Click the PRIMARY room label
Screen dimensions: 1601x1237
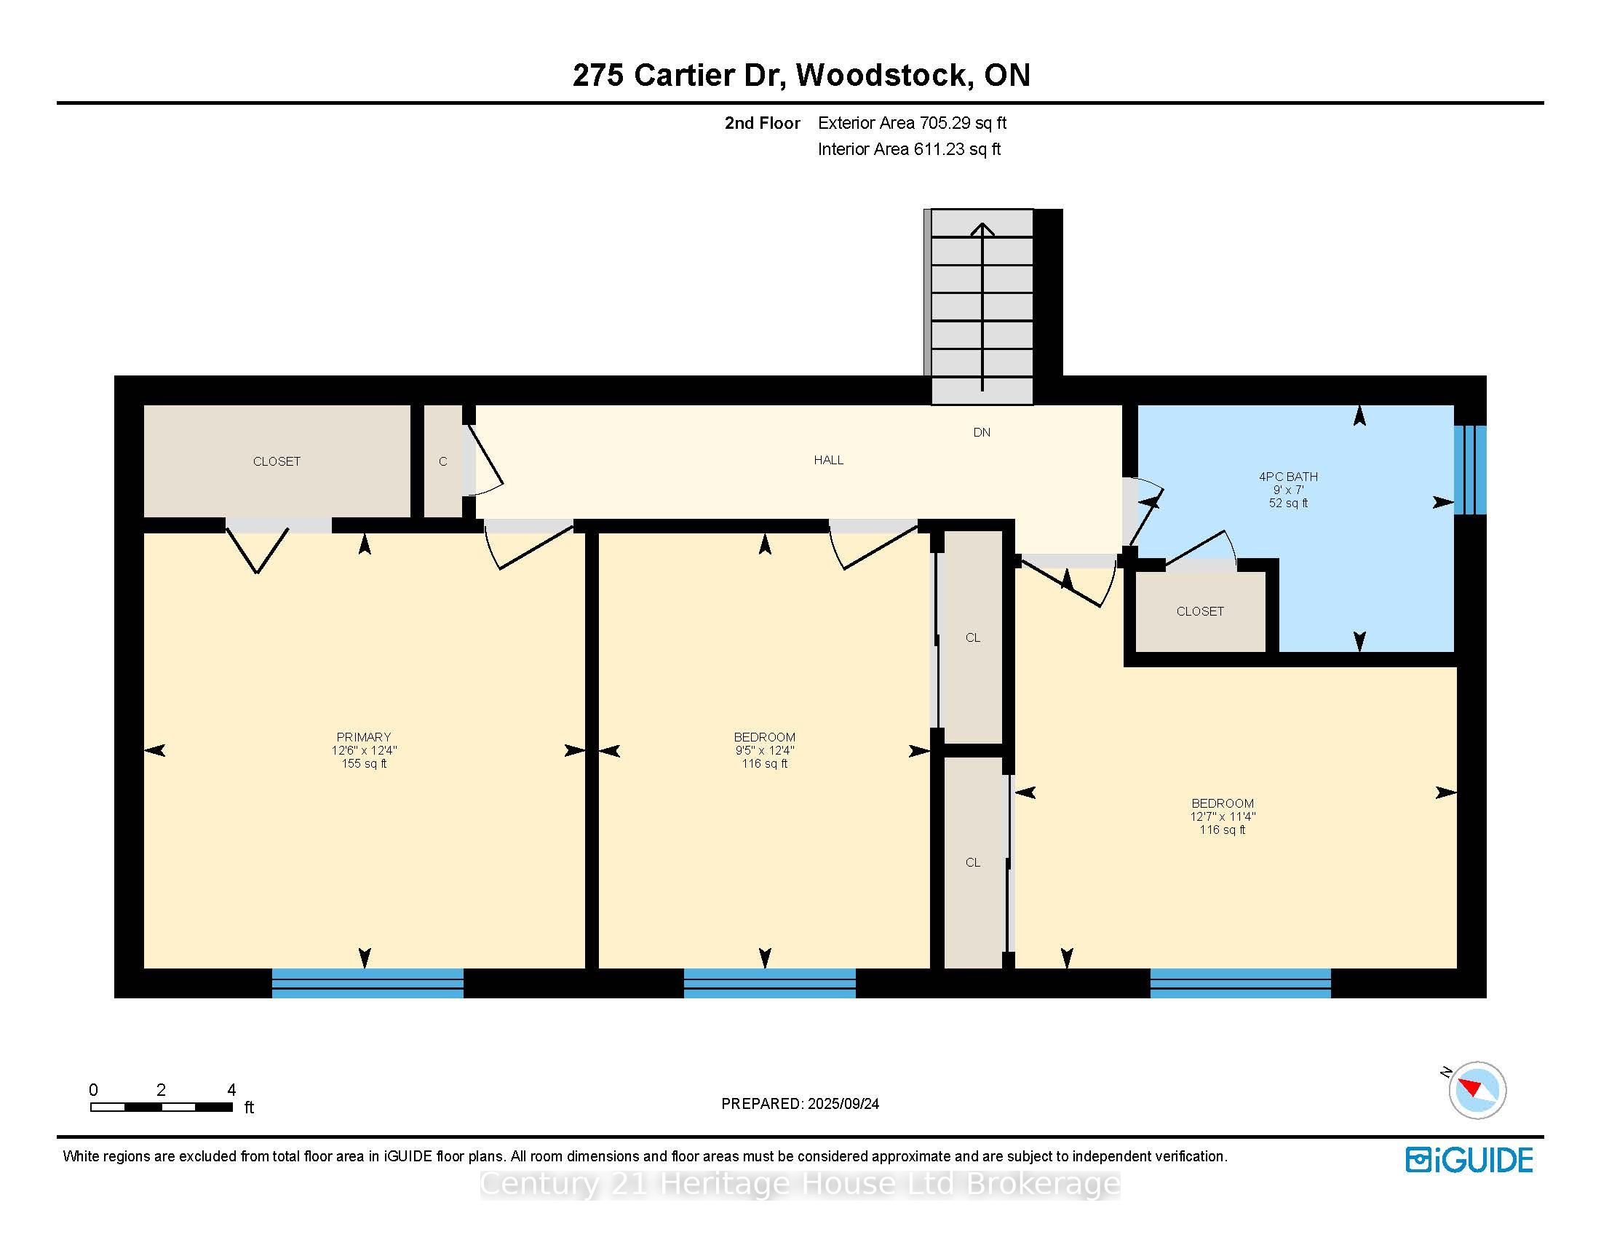click(x=364, y=736)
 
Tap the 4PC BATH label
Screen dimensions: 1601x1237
click(x=1288, y=477)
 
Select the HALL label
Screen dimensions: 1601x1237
click(x=828, y=460)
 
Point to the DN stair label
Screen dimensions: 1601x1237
click(x=982, y=432)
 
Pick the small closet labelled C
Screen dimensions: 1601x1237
click(x=443, y=461)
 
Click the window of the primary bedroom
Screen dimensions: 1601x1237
click(x=368, y=984)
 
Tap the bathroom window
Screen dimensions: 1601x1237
click(x=1471, y=470)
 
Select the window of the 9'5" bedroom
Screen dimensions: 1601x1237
click(x=770, y=984)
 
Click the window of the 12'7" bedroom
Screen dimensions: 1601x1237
click(x=1240, y=984)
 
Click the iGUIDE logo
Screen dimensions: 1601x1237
click(x=1469, y=1159)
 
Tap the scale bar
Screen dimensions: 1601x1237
click(x=162, y=1107)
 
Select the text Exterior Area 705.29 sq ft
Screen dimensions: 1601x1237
click(x=912, y=123)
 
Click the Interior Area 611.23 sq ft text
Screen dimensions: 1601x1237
click(x=909, y=149)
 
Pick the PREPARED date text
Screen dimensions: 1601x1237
click(x=800, y=1104)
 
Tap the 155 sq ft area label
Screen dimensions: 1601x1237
click(x=364, y=763)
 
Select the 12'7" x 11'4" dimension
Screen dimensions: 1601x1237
click(x=1223, y=816)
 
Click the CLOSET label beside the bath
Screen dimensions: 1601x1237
click(x=1200, y=611)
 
